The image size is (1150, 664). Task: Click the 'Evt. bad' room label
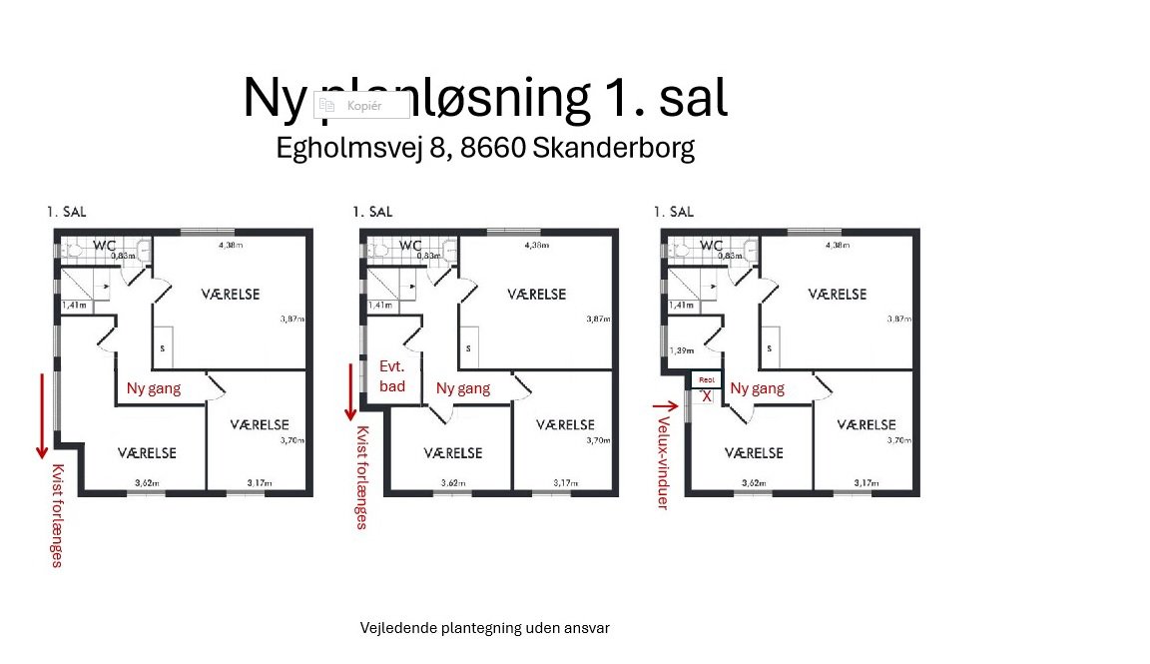(392, 375)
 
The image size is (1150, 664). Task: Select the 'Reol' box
(707, 379)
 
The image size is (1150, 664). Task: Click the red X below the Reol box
(707, 396)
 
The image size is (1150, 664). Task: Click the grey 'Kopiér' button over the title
(361, 105)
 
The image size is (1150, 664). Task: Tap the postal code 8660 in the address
(494, 148)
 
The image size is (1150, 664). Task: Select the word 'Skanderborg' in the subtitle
(614, 148)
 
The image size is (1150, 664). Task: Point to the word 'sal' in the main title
(690, 98)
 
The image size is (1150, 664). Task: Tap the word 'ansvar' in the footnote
(587, 628)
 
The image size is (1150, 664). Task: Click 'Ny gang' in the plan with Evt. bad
(463, 388)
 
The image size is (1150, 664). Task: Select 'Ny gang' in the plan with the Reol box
(757, 388)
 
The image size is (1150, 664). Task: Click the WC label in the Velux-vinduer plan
(711, 246)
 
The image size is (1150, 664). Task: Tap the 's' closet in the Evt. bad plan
(467, 348)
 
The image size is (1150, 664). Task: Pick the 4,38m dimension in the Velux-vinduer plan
(837, 245)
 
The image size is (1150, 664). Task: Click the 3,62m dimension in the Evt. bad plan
(453, 483)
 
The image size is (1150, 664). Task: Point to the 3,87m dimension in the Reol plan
(899, 320)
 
